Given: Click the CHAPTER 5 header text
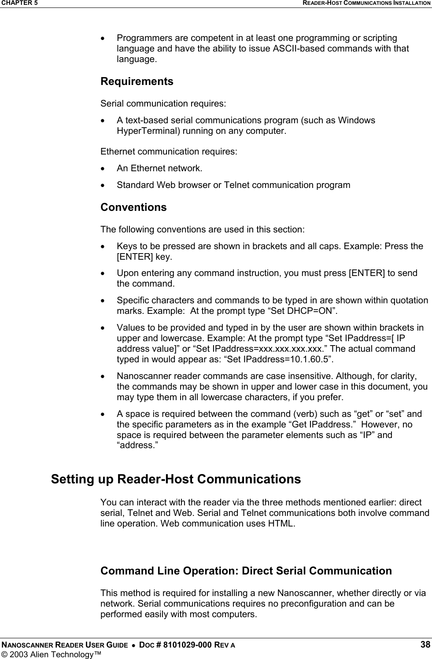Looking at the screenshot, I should tap(18, 3).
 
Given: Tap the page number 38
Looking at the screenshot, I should tap(425, 645).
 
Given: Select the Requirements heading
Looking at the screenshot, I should tap(137, 81).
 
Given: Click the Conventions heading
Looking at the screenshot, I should tap(133, 207).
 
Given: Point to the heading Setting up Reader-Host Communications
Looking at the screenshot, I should tap(176, 479).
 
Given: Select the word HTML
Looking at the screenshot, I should tap(281, 524).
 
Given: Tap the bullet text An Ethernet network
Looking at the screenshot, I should tap(159, 168).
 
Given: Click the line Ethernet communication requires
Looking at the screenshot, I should tap(169, 152).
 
